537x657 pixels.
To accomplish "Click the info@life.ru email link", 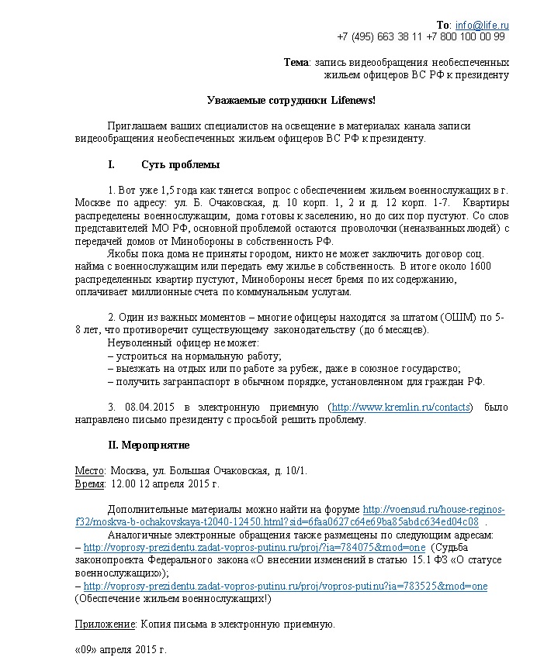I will (482, 25).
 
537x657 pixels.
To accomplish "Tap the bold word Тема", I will (296, 62).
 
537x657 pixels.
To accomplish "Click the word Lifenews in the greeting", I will (350, 100).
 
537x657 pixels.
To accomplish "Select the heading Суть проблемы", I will (180, 164).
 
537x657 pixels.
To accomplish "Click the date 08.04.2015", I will (147, 407).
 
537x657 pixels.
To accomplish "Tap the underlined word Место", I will (89, 470).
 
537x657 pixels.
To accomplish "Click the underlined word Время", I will (90, 483).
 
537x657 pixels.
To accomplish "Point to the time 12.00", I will (126, 483).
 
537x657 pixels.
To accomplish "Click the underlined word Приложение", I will (106, 624).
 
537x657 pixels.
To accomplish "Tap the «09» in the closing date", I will (87, 649).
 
